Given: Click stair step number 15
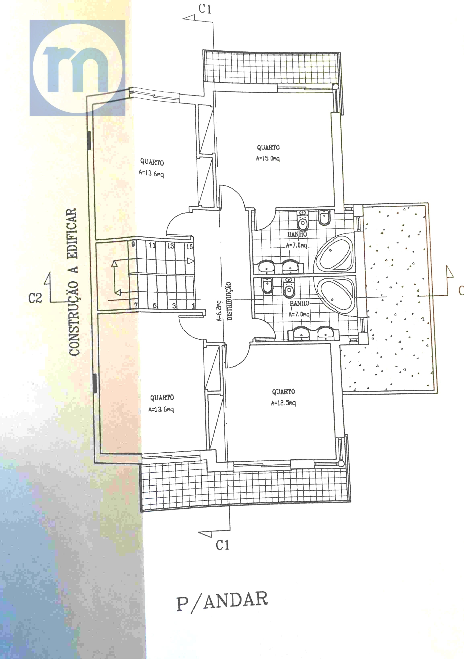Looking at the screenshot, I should [x=189, y=247].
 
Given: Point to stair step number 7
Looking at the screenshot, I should [x=136, y=305].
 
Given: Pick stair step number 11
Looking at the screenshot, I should [x=152, y=245].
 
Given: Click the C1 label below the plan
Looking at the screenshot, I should [x=223, y=545].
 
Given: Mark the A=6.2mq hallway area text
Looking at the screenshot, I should [x=219, y=311].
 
